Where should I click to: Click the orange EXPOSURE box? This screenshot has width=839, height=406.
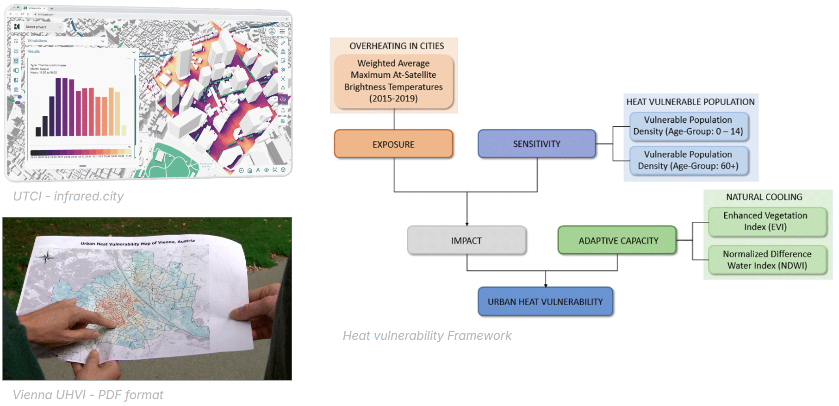tap(393, 144)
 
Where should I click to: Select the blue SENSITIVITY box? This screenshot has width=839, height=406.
tap(536, 144)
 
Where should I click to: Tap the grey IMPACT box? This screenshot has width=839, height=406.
tap(466, 241)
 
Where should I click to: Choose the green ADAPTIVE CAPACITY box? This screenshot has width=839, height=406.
tap(617, 241)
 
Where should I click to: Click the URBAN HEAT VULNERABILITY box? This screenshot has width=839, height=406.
tap(545, 302)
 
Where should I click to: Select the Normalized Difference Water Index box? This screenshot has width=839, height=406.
tap(767, 260)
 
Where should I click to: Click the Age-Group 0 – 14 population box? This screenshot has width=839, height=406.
tap(688, 125)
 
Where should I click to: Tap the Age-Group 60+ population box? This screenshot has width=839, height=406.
tap(688, 160)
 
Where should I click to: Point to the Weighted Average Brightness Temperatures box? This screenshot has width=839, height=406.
tap(393, 81)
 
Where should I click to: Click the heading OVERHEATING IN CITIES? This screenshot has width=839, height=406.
tap(397, 46)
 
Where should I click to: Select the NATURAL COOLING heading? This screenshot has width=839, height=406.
tap(764, 197)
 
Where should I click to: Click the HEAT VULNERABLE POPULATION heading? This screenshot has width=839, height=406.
tap(690, 102)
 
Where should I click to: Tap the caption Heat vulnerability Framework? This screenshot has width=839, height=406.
tap(427, 336)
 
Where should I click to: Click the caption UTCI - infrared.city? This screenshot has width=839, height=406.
tap(68, 196)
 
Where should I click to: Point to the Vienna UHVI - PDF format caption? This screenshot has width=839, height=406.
tap(88, 395)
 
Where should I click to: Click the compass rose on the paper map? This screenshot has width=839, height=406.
tap(46, 257)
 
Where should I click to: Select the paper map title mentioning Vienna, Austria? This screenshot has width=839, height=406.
tap(137, 243)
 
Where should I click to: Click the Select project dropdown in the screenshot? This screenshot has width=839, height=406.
tap(44, 27)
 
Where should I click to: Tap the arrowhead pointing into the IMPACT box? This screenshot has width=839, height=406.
tap(467, 224)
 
